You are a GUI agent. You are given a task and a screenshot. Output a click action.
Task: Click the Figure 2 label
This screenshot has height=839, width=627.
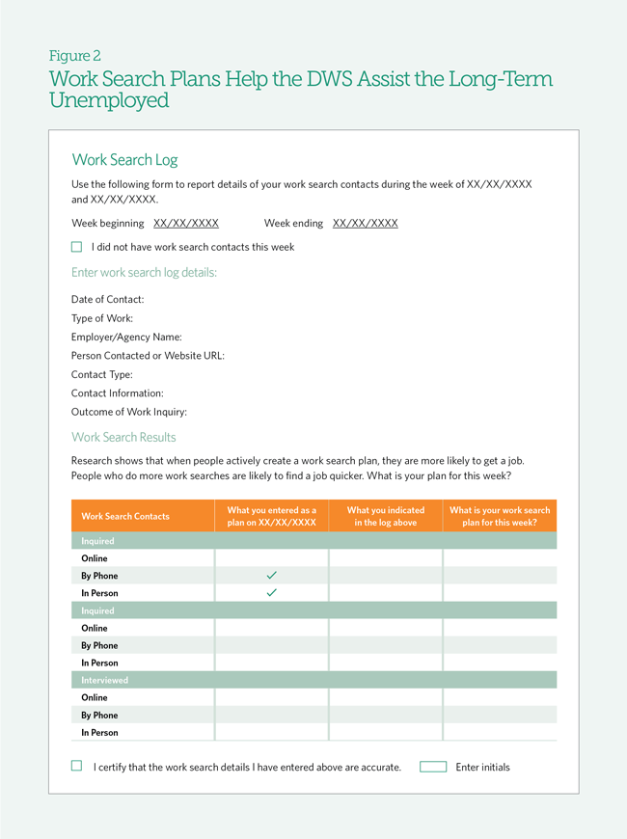click(x=75, y=56)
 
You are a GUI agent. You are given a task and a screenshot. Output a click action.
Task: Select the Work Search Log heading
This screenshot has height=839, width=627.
click(x=124, y=160)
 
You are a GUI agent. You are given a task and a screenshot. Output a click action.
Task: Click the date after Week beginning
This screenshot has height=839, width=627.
click(x=186, y=224)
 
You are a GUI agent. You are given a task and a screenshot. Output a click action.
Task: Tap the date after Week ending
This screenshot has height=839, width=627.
click(x=365, y=224)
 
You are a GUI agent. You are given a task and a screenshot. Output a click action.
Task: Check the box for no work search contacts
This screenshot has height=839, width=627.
click(x=77, y=247)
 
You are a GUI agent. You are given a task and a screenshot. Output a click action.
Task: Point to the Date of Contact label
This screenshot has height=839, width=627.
click(x=107, y=300)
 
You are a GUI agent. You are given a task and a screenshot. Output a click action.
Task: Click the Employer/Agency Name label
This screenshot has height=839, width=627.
click(x=126, y=338)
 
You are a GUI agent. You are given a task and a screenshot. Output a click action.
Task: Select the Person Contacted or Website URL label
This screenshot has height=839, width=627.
click(x=148, y=356)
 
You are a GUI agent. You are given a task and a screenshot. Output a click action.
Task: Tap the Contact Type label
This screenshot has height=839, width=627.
click(x=102, y=375)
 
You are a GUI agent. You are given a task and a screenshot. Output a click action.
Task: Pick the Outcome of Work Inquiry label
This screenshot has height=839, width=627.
click(x=129, y=413)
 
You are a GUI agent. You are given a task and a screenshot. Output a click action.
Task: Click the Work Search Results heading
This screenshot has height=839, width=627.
click(x=123, y=438)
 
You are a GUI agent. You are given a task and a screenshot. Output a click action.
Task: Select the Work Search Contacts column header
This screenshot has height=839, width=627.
click(x=125, y=517)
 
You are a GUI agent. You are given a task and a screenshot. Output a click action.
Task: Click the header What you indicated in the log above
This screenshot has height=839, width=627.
click(x=385, y=517)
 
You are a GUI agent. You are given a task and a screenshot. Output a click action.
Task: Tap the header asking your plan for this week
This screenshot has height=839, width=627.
click(x=500, y=517)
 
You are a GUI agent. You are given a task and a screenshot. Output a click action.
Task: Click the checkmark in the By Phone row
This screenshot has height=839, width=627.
click(x=271, y=576)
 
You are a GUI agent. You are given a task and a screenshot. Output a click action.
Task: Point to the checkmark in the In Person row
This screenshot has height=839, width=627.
click(x=271, y=593)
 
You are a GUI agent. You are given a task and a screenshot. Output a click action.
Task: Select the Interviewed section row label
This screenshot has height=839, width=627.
click(x=104, y=681)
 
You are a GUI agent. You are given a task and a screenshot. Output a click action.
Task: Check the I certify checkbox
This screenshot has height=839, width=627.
click(x=77, y=767)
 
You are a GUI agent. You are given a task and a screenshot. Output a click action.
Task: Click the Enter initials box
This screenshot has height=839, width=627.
click(x=433, y=768)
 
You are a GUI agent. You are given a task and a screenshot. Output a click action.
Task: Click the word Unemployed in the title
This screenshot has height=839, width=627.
click(x=109, y=101)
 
